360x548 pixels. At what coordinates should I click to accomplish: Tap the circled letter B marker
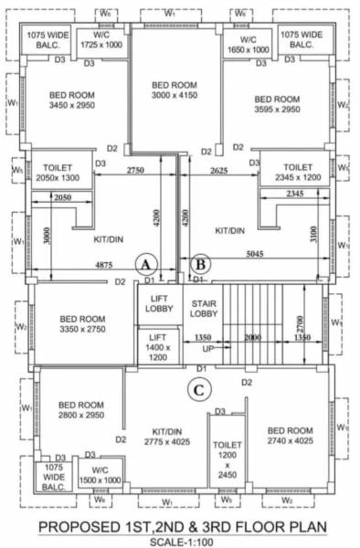(202, 264)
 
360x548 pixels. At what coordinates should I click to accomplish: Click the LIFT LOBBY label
(158, 304)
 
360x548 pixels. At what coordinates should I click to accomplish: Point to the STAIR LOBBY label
(202, 309)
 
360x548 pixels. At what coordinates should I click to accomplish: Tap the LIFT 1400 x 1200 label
(158, 348)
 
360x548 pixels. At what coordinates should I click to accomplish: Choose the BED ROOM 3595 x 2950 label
(277, 103)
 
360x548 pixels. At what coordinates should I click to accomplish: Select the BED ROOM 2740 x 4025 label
(289, 435)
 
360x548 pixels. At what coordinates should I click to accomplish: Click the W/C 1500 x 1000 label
(101, 473)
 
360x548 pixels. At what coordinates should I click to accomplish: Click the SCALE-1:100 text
(180, 539)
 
